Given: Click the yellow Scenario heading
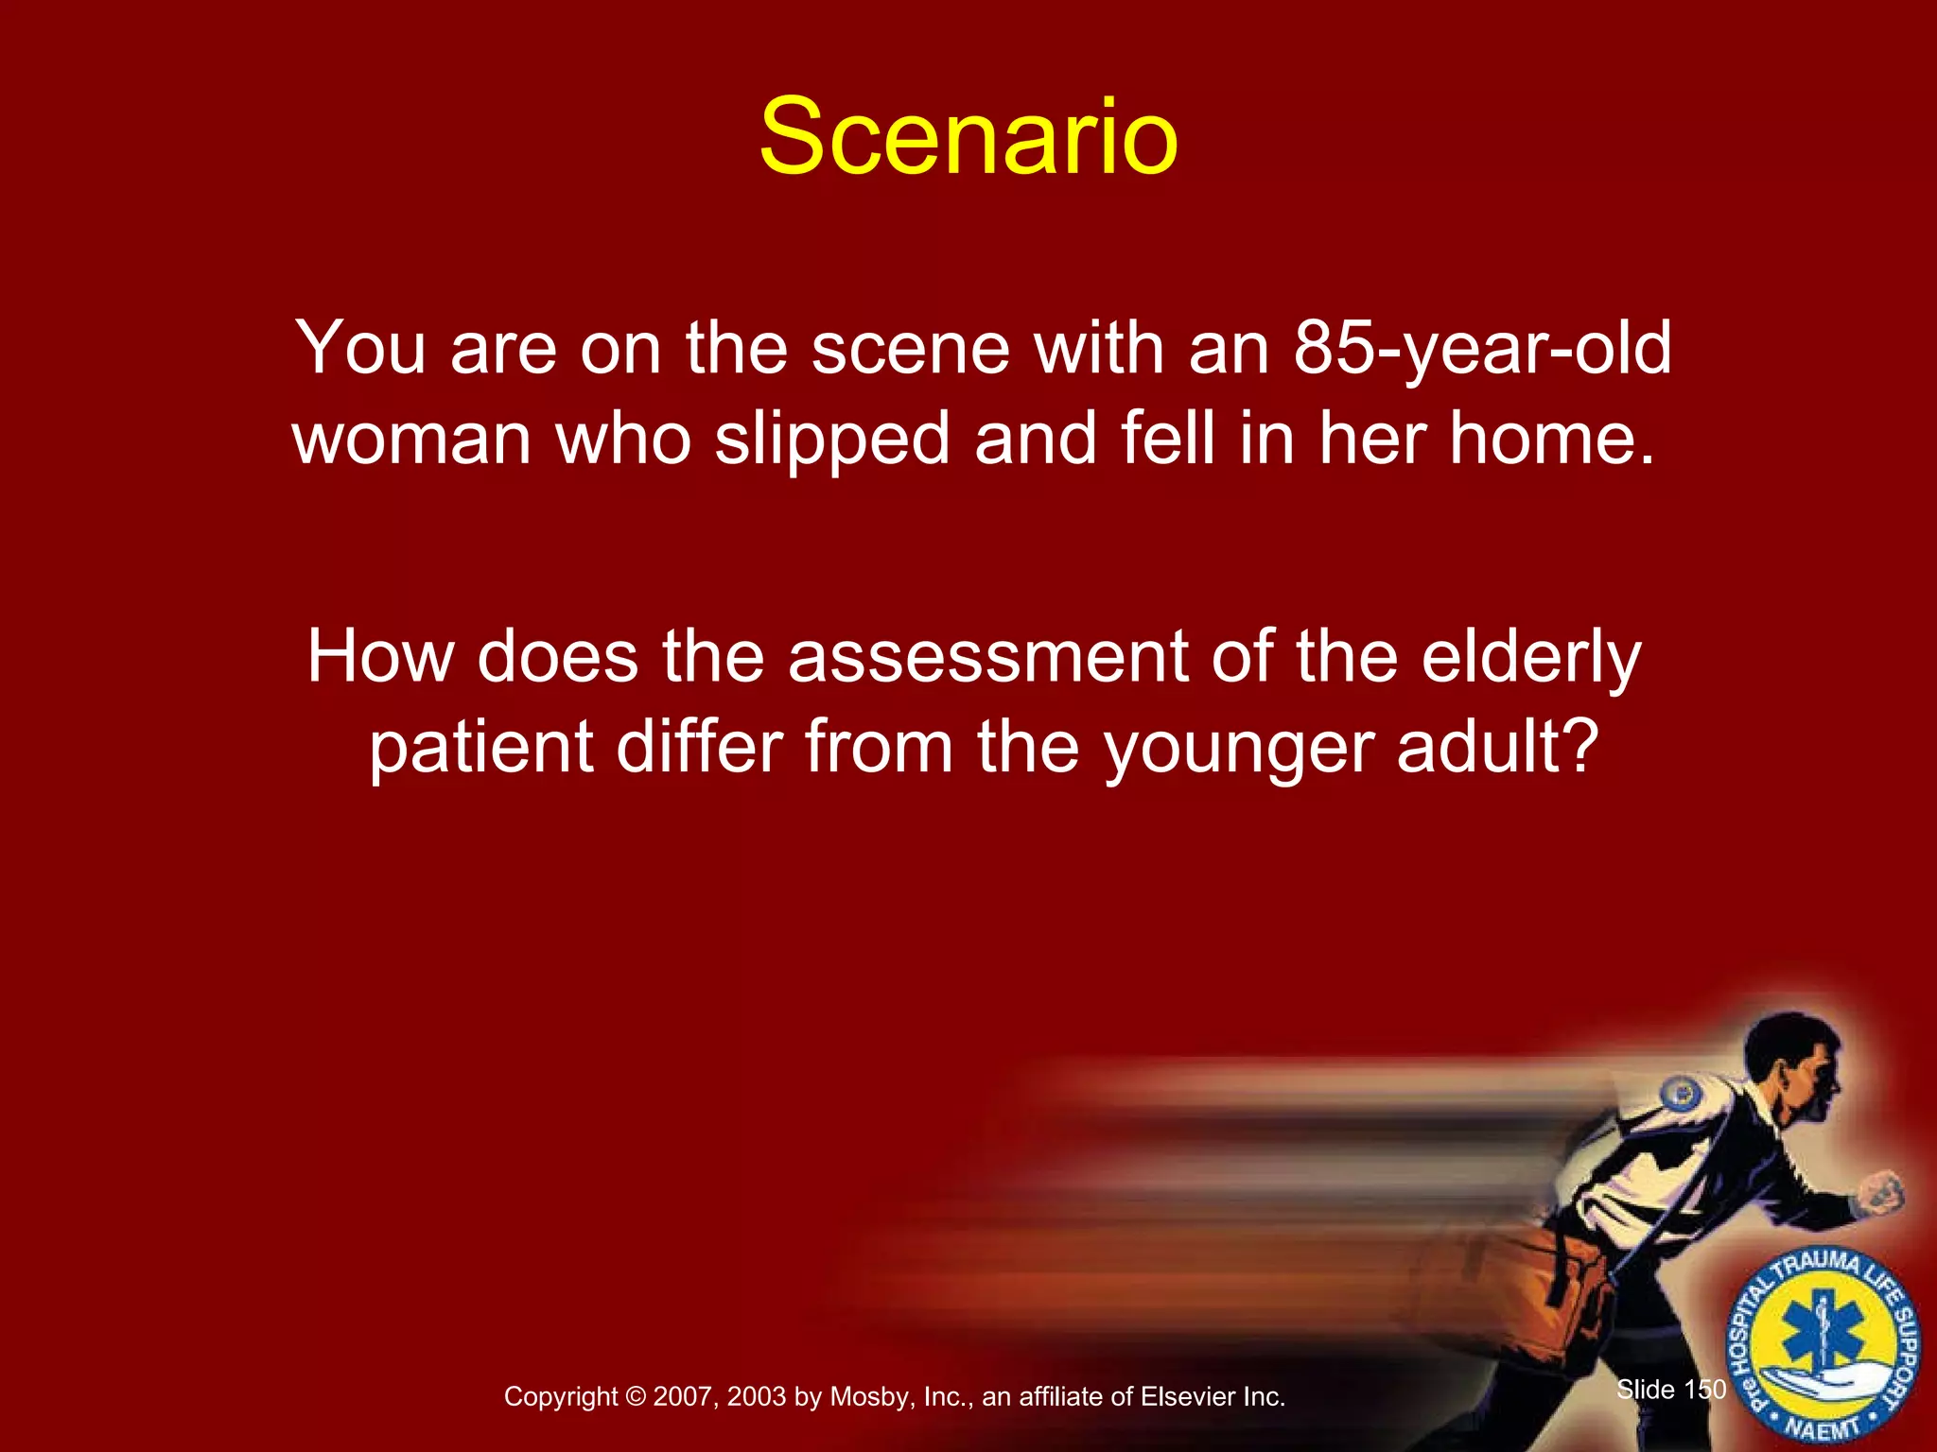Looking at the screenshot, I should click(x=968, y=138).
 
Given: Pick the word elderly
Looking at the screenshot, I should click(x=1531, y=656).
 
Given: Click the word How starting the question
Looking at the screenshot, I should click(x=379, y=656).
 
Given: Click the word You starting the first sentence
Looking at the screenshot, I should click(x=360, y=348).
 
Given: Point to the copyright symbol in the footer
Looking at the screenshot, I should click(x=635, y=1397).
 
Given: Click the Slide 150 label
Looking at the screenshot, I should click(x=1670, y=1390).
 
